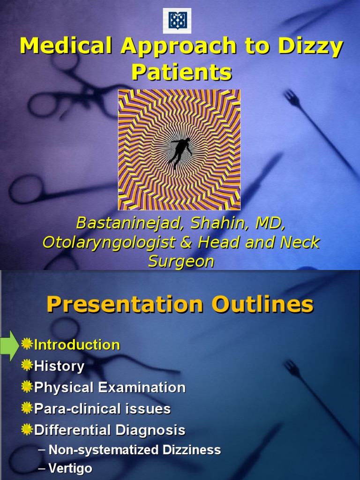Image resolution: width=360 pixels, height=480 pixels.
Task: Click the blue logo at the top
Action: point(177,21)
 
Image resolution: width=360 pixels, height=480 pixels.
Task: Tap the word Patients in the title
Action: point(181,72)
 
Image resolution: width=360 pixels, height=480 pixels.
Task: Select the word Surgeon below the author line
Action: point(181,262)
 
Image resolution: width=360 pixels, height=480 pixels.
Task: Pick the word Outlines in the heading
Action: point(262,305)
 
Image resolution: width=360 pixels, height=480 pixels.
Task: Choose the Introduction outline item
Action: point(77,345)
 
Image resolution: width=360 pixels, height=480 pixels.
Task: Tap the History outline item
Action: point(59,366)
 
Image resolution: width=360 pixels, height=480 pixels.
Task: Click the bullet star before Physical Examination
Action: point(27,387)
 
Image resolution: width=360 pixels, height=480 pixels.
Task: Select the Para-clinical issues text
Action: point(102,409)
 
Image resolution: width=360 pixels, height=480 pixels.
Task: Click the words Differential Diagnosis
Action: point(110,430)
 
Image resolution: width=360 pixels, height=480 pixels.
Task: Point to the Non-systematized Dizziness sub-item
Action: point(135,450)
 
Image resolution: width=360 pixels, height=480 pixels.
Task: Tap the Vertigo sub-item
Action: point(70,468)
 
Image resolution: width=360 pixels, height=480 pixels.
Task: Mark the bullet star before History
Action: point(27,366)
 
